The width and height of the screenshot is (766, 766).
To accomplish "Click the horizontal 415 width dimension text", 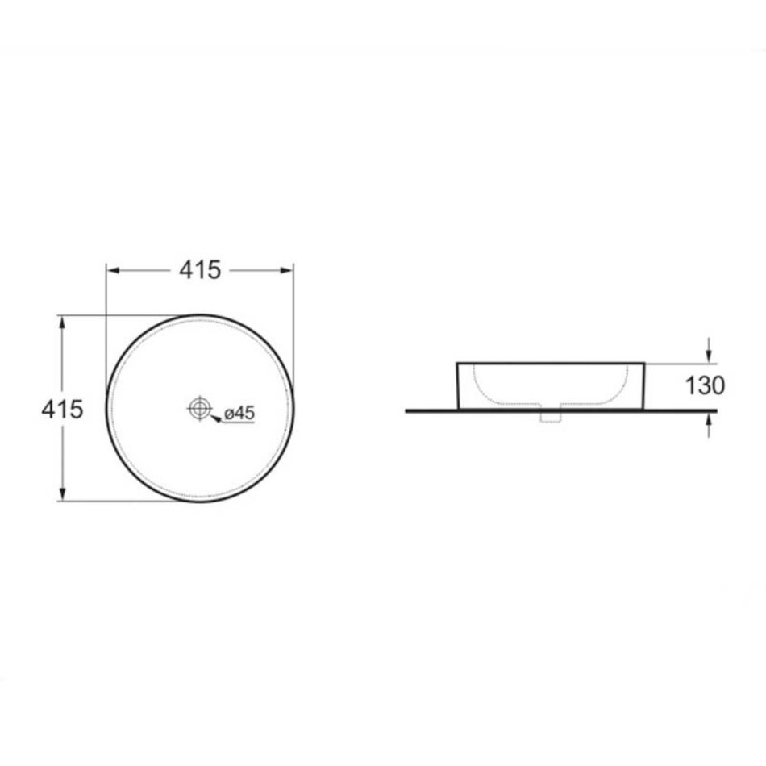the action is coord(200,270).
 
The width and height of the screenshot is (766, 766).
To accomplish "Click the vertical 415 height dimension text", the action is coord(62,410).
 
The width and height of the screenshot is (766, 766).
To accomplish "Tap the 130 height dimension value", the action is coord(705,385).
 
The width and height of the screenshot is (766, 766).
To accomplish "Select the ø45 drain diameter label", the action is coord(239,414).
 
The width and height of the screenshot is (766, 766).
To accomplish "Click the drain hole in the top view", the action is coord(199,408).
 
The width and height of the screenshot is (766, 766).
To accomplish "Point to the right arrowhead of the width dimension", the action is coord(287,270).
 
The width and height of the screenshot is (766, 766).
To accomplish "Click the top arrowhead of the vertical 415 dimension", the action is coord(61,323).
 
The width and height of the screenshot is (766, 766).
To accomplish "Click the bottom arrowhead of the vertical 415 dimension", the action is coord(61,494).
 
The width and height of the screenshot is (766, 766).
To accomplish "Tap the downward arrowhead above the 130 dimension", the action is coord(709,356).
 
